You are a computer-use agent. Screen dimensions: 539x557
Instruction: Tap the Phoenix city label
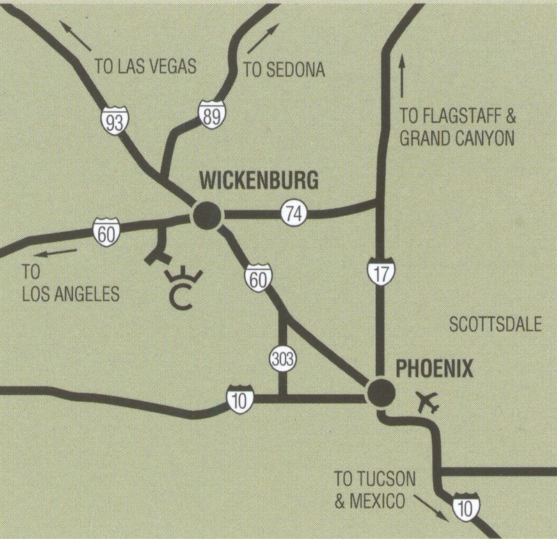click(434, 368)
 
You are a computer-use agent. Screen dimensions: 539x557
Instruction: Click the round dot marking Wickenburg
click(207, 216)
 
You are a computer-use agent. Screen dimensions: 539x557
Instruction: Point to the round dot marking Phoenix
click(381, 393)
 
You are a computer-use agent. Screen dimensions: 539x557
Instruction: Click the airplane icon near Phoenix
click(427, 402)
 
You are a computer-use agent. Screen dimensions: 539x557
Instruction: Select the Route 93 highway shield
click(113, 121)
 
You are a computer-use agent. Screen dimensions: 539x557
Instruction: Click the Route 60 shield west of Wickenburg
click(106, 231)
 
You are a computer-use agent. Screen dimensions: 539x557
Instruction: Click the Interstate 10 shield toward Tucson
click(465, 506)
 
